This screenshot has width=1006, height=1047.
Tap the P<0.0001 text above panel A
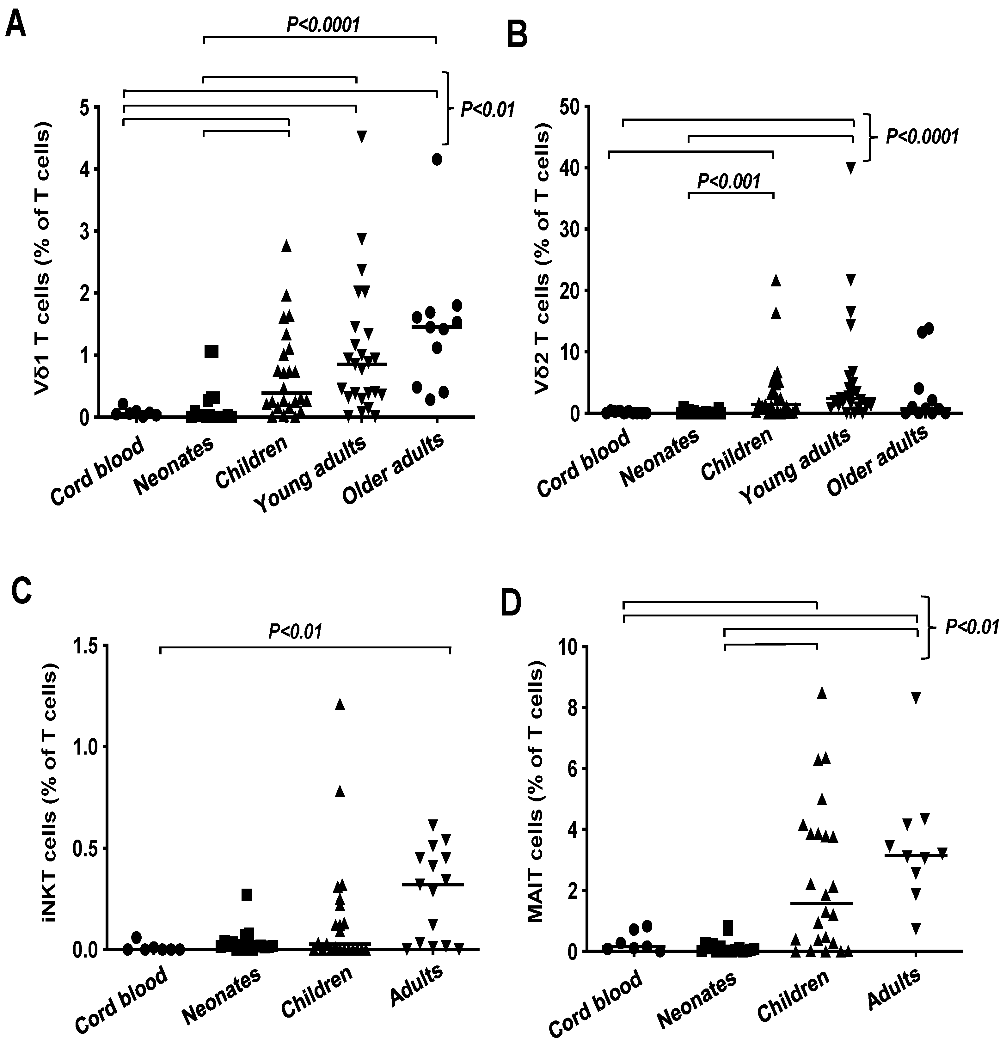(323, 25)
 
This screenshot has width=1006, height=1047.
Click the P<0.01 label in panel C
(295, 631)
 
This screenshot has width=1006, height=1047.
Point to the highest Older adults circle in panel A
(437, 159)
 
